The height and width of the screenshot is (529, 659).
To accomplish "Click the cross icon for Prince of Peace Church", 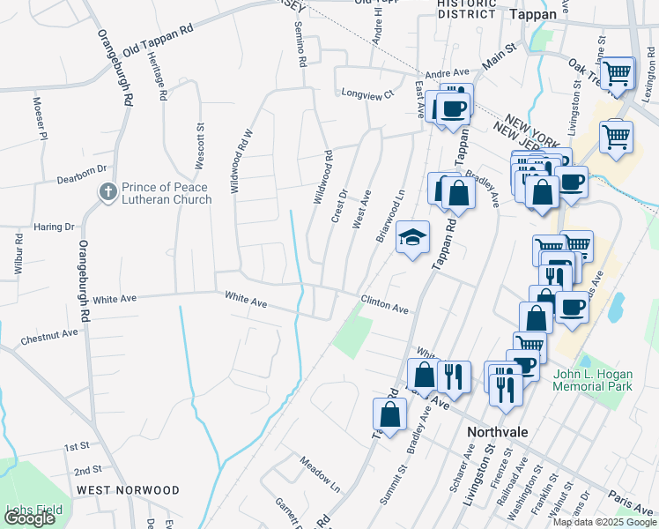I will click(x=107, y=191).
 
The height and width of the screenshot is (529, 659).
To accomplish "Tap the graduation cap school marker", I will click(x=411, y=237).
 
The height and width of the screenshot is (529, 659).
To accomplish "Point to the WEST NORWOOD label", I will click(x=128, y=490).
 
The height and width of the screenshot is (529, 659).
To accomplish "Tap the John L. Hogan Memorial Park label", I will click(x=604, y=381).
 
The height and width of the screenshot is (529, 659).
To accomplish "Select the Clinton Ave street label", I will click(x=384, y=308).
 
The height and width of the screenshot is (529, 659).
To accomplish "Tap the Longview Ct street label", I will click(x=367, y=93).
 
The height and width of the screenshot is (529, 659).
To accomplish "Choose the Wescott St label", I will click(x=200, y=145).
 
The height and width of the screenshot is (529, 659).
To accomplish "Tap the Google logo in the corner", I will click(x=30, y=518).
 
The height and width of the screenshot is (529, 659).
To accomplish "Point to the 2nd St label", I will click(x=88, y=470).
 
